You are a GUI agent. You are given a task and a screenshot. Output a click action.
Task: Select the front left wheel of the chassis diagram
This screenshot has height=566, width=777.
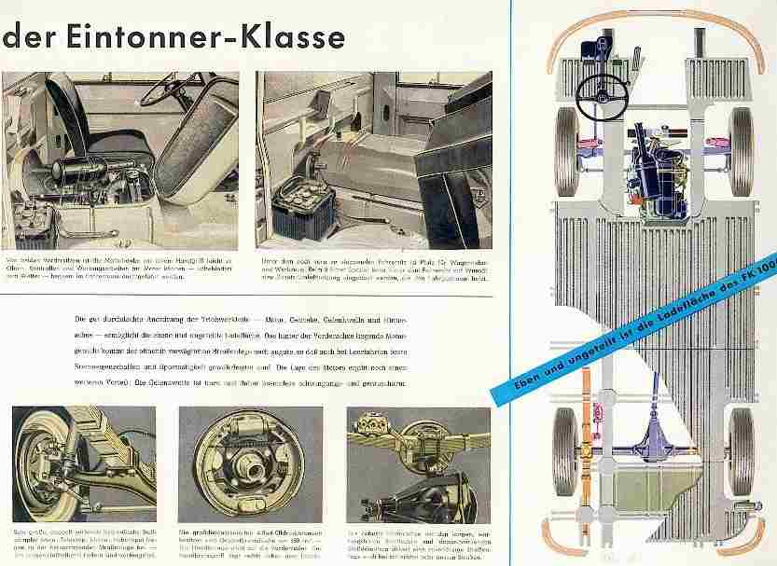[x=565, y=150]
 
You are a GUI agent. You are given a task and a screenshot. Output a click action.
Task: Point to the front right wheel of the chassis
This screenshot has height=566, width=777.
[x=742, y=150]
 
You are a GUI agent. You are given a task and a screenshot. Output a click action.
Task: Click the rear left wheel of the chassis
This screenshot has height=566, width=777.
[x=564, y=451]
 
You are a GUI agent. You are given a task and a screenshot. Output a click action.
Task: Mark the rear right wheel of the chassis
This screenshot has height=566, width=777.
[x=742, y=451]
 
